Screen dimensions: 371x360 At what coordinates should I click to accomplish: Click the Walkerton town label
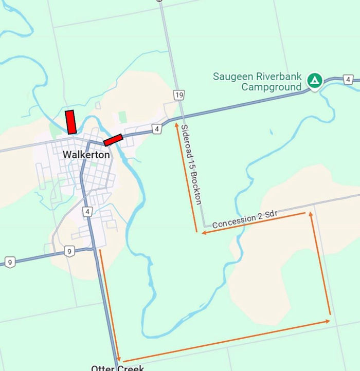click(86, 154)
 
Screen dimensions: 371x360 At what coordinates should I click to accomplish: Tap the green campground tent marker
click(314, 80)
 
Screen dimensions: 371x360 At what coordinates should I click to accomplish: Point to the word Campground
click(272, 87)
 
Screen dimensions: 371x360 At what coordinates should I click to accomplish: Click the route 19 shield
click(178, 95)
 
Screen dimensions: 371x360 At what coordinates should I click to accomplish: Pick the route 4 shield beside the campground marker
click(349, 80)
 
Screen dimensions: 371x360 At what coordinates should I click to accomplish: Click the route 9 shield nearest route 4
click(69, 251)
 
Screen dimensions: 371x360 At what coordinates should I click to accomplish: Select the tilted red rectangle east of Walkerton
click(113, 140)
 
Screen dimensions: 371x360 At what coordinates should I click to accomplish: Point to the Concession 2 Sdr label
click(241, 220)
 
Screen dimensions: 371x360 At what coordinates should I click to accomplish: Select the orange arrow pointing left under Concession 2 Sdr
click(255, 222)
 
